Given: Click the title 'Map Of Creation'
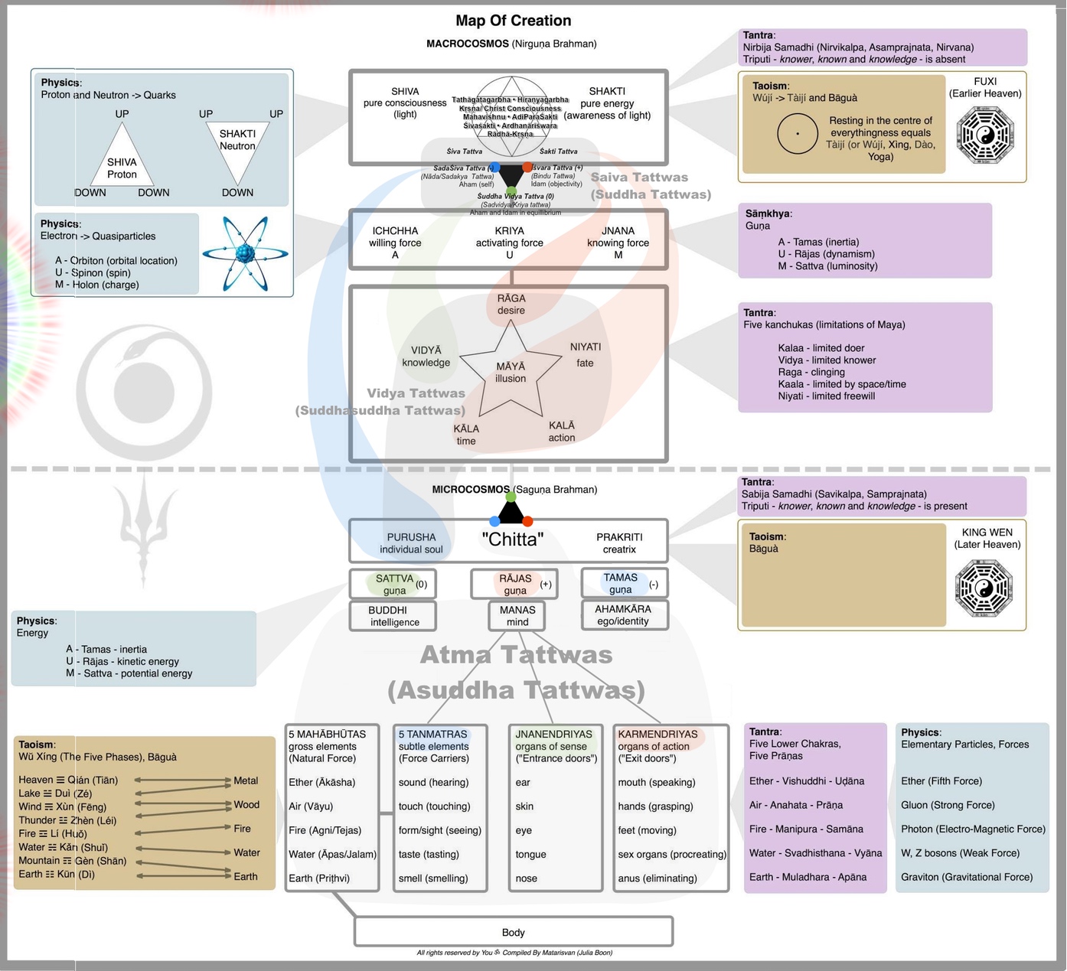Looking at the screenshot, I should point(513,21).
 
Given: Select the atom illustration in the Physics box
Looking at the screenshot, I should point(245,254).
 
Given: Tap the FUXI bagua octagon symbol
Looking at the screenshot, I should point(985,135).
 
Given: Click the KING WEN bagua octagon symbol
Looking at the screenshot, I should point(984,588).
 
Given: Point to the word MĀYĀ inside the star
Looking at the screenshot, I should point(511,367).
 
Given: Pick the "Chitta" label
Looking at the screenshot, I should point(512,539).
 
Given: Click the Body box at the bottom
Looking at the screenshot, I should point(513,932).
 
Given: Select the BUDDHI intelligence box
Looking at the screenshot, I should point(393,616).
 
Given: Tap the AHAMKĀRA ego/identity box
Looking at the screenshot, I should point(623,615).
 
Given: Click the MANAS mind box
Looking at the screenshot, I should point(517,616).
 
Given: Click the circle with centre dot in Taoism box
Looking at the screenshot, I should point(798,133).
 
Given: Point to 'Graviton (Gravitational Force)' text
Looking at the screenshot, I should point(967,877).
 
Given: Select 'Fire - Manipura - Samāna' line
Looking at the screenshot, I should point(806,829).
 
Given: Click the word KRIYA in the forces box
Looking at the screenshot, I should point(510,230).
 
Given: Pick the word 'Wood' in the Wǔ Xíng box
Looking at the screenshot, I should point(246,804).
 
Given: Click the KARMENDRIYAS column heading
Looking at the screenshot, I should point(657,734).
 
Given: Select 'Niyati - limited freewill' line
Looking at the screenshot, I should point(826,396).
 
